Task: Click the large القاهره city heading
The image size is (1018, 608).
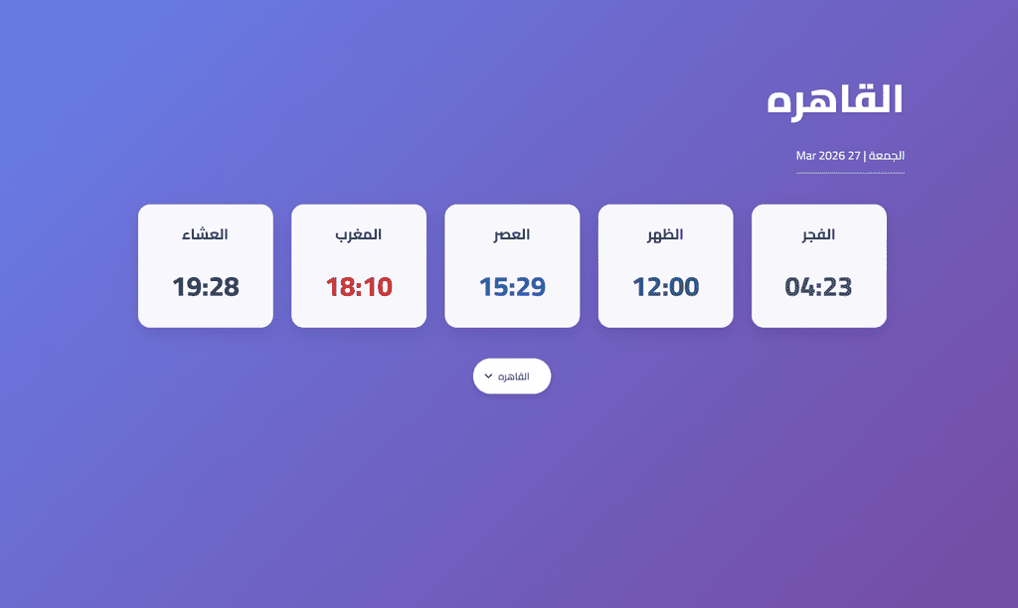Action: pyautogui.click(x=835, y=101)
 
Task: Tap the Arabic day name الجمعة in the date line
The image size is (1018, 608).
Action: pyautogui.click(x=887, y=156)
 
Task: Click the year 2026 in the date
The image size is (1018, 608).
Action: pyautogui.click(x=832, y=156)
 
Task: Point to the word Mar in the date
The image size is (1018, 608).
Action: pyautogui.click(x=805, y=156)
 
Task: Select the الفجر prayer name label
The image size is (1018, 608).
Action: pyautogui.click(x=819, y=234)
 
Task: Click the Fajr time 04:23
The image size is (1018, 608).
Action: pyautogui.click(x=819, y=287)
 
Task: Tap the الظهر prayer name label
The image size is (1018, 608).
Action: pyautogui.click(x=665, y=234)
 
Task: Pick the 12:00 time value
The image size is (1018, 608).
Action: pyautogui.click(x=665, y=287)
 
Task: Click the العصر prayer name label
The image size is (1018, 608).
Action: pyautogui.click(x=512, y=234)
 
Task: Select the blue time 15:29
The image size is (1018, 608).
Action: pyautogui.click(x=512, y=287)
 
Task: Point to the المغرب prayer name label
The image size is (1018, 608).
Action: pyautogui.click(x=358, y=234)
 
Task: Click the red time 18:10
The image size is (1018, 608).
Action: pyautogui.click(x=359, y=287)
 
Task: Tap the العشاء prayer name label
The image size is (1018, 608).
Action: pyautogui.click(x=205, y=234)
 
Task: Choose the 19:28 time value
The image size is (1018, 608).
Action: pyautogui.click(x=206, y=287)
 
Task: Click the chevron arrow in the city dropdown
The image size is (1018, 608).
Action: pyautogui.click(x=489, y=377)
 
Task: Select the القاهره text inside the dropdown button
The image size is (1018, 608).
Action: pyautogui.click(x=514, y=377)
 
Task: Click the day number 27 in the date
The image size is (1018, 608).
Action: pyautogui.click(x=854, y=156)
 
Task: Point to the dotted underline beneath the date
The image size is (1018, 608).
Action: pyautogui.click(x=851, y=173)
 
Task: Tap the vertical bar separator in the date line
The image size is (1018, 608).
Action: pyautogui.click(x=865, y=156)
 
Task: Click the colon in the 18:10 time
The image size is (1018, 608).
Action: pyautogui.click(x=359, y=288)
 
